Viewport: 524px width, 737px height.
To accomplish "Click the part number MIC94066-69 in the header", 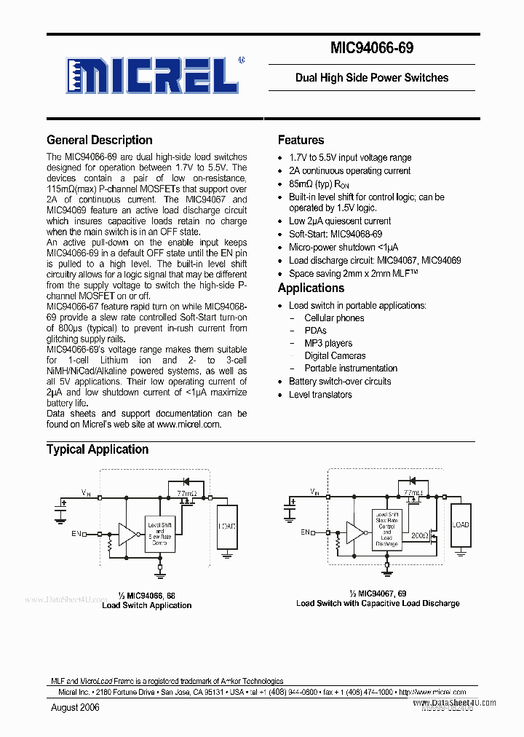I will (x=372, y=48).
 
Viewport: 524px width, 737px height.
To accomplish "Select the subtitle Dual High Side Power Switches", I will (x=371, y=77).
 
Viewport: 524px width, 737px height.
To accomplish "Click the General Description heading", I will (x=99, y=140).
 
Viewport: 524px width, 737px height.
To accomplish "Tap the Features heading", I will (x=301, y=140).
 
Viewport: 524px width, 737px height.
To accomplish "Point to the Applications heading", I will (x=311, y=288).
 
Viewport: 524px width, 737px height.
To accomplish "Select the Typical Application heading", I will (x=97, y=449).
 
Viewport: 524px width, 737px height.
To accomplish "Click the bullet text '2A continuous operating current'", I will (x=349, y=170).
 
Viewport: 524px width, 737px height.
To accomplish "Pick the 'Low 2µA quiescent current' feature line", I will (x=340, y=221).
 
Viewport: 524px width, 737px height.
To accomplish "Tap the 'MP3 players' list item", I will (x=328, y=343).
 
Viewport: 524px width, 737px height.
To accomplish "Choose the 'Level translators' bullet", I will (x=320, y=395).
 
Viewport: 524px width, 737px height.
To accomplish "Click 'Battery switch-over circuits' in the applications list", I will (x=340, y=381).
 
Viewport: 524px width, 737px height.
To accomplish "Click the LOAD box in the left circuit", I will (x=226, y=526).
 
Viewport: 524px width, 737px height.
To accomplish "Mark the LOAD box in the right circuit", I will (x=461, y=525).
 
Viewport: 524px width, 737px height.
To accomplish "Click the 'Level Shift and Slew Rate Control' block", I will (x=160, y=532).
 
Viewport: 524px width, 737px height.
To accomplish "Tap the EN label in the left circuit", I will (x=76, y=534).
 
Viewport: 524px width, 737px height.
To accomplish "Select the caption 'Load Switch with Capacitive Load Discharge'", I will (x=378, y=603).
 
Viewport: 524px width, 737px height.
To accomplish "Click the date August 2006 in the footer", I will (x=75, y=707).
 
